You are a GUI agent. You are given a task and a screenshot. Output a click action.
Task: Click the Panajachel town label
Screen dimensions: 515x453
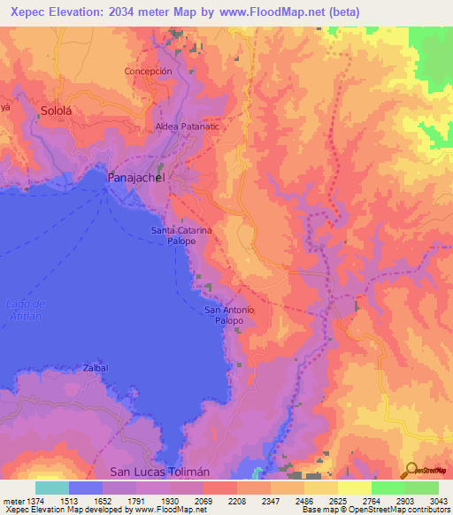pyautogui.click(x=135, y=178)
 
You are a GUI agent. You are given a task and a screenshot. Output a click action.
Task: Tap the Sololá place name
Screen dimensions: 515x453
pyautogui.click(x=60, y=111)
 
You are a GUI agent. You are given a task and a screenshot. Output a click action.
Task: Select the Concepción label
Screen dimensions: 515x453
pyautogui.click(x=148, y=71)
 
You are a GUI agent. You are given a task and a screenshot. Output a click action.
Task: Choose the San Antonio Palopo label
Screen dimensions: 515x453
pyautogui.click(x=229, y=315)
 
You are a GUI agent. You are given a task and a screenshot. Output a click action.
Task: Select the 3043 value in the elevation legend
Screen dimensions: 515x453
pyautogui.click(x=439, y=499)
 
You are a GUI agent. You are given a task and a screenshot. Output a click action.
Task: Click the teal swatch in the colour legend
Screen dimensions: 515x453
pyautogui.click(x=52, y=488)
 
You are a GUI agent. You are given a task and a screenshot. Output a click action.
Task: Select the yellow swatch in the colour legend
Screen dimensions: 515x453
pyautogui.click(x=354, y=488)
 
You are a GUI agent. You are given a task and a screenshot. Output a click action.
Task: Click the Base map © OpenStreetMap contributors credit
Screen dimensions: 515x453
pyautogui.click(x=375, y=510)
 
